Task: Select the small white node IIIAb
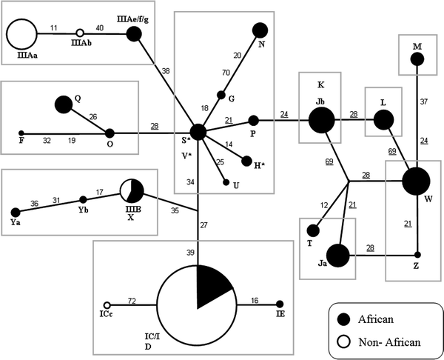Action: point(80,33)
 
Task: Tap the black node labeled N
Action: point(260,30)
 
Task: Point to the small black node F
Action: point(21,133)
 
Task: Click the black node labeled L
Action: point(383,119)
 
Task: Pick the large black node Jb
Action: point(321,119)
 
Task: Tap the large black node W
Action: point(417,181)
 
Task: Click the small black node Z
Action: point(417,256)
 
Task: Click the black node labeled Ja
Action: point(338,256)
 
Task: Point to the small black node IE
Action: point(280,304)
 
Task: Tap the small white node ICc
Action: point(107,304)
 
